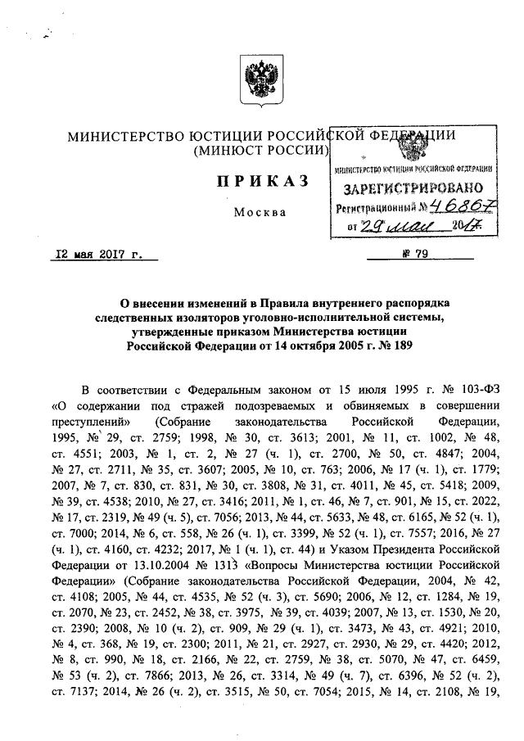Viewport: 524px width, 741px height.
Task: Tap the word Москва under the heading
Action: pos(260,213)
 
